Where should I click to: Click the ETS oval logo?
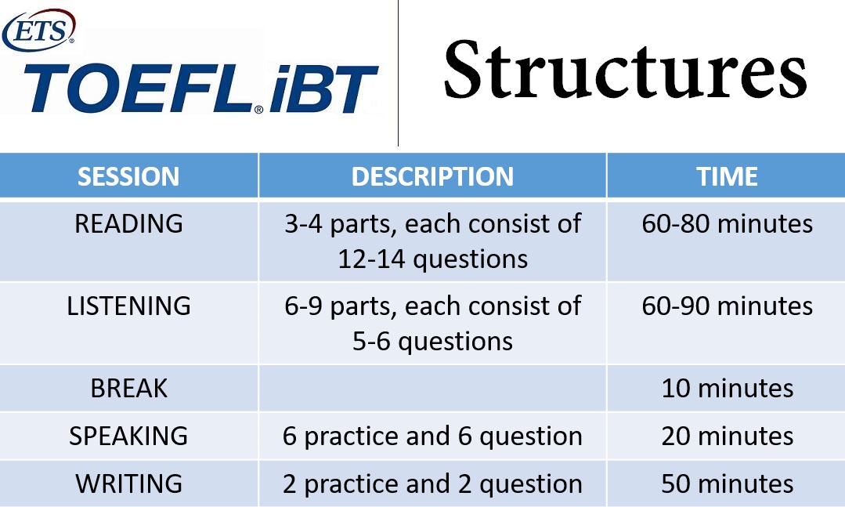(x=38, y=31)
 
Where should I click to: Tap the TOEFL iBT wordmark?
(x=200, y=89)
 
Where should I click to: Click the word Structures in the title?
(x=625, y=70)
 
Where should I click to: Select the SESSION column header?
(x=128, y=176)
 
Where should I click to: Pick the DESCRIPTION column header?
(x=432, y=176)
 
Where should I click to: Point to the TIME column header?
(x=727, y=176)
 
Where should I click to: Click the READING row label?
(x=128, y=223)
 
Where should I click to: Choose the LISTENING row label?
(x=128, y=306)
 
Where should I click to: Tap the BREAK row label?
(x=128, y=388)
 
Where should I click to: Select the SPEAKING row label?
(x=128, y=436)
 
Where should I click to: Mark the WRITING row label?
(x=128, y=483)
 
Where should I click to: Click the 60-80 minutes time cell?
(x=727, y=223)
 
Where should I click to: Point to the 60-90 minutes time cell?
(x=727, y=306)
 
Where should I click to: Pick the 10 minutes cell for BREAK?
(x=727, y=389)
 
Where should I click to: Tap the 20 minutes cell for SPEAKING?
(x=727, y=436)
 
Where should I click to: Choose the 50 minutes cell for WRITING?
(x=727, y=483)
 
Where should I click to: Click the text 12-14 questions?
(x=433, y=259)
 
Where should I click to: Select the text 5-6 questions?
(x=433, y=342)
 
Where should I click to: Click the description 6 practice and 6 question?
(x=432, y=436)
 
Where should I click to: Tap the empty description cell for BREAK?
(x=433, y=389)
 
